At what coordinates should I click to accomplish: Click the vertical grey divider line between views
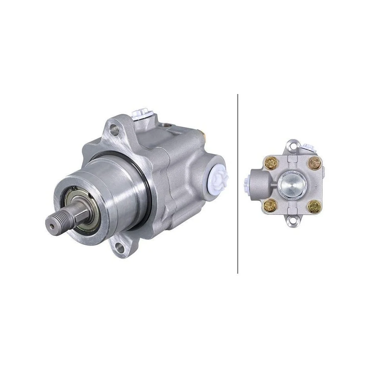238,183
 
